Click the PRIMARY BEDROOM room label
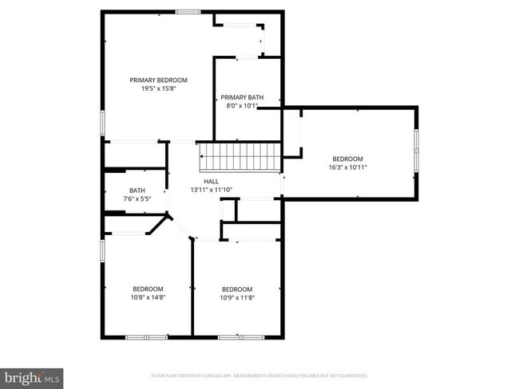159,80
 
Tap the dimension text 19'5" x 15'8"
159,89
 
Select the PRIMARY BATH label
242,97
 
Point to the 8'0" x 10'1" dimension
242,107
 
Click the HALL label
211,182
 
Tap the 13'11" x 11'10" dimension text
211,191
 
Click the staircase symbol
240,155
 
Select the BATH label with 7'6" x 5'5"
137,191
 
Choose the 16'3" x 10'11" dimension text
347,168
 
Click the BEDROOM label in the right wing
347,159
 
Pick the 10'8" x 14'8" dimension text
148,298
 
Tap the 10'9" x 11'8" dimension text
237,298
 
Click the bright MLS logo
32,377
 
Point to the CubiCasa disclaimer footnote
259,375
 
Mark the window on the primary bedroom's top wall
188,11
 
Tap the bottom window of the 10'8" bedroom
146,336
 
